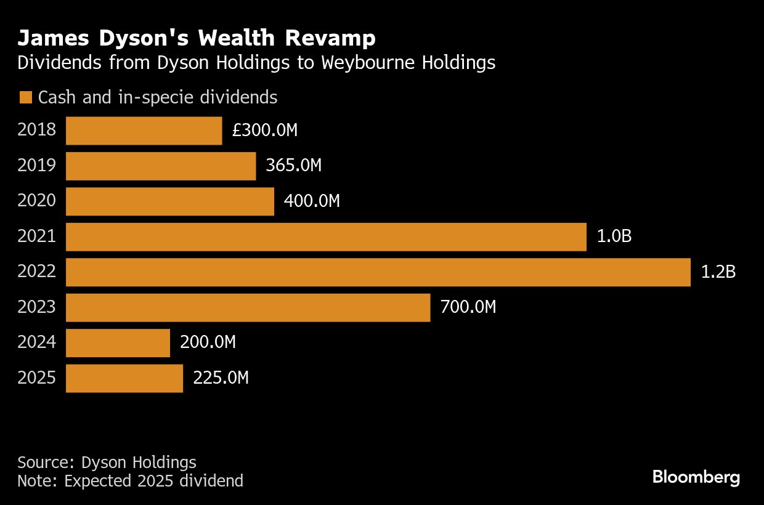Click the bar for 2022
378,272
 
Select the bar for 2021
326,237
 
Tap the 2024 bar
118,343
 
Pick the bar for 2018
144,131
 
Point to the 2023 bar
248,307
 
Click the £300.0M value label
265,131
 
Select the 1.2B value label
718,272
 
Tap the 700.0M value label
468,307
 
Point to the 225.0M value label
221,378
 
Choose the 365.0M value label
293,166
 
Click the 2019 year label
36,166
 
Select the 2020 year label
36,201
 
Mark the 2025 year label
36,378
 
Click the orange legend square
25,98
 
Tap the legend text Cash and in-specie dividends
158,98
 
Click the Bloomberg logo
696,477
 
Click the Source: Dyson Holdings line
107,463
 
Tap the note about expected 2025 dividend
130,481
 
